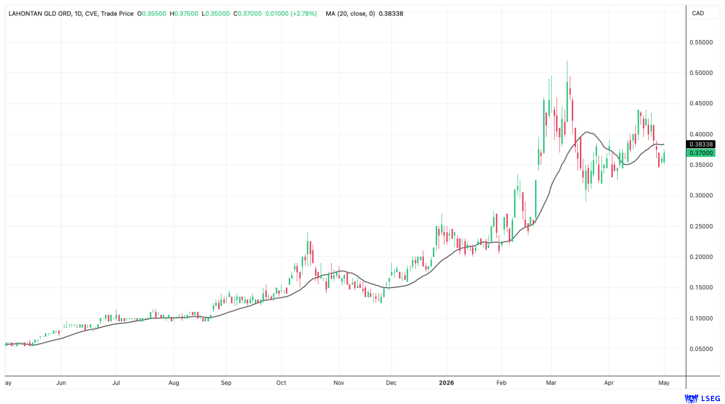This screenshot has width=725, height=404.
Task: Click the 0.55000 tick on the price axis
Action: [x=701, y=43]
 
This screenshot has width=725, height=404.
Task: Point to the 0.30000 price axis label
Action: [x=701, y=195]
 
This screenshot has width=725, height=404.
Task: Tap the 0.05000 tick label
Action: [x=701, y=349]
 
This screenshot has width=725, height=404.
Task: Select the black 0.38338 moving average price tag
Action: [x=701, y=144]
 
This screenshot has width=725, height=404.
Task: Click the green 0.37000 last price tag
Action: [x=701, y=153]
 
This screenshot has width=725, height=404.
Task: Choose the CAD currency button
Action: [x=698, y=13]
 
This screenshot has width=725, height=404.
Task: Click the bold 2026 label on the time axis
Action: [x=446, y=383]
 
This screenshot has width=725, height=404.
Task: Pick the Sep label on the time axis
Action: [x=226, y=383]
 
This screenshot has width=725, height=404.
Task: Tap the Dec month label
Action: [x=391, y=383]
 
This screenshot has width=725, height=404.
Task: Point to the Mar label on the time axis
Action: [x=551, y=383]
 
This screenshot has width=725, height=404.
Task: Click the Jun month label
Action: [x=61, y=383]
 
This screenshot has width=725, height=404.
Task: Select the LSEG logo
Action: [x=702, y=398]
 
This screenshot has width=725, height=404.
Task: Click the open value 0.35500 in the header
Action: [x=154, y=14]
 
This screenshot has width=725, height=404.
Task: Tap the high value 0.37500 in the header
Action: [x=186, y=14]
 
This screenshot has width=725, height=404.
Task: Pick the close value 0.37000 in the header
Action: [x=250, y=14]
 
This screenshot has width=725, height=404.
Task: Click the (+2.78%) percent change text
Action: [x=304, y=14]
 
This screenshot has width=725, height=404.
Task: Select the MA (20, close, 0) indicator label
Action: [x=350, y=14]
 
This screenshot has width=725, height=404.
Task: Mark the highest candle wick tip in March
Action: [x=567, y=61]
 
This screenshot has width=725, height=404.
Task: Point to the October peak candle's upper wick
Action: [x=308, y=237]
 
